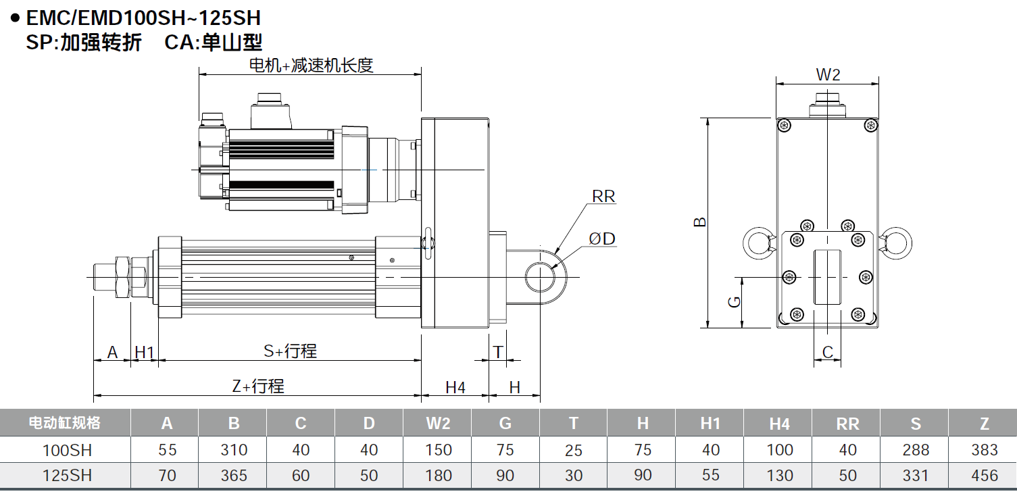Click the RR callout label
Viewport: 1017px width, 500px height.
pyautogui.click(x=603, y=197)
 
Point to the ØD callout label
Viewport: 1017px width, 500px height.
pyautogui.click(x=601, y=239)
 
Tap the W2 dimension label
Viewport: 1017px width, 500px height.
pyautogui.click(x=828, y=75)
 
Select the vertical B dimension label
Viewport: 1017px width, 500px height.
pyautogui.click(x=701, y=222)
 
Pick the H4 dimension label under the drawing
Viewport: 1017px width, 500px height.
pyautogui.click(x=455, y=387)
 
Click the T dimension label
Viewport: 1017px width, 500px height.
pyautogui.click(x=498, y=351)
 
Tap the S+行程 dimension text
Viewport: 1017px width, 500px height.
pyautogui.click(x=290, y=351)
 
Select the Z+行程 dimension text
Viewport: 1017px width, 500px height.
pyautogui.click(x=257, y=386)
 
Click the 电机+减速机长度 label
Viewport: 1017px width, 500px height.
pyautogui.click(x=311, y=66)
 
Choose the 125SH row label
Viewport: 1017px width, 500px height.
pyautogui.click(x=67, y=475)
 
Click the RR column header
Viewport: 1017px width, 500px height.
pyautogui.click(x=847, y=424)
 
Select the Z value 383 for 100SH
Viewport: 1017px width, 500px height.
pyautogui.click(x=984, y=450)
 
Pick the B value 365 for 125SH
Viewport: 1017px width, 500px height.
pyautogui.click(x=234, y=475)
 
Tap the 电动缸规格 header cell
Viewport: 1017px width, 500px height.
pyautogui.click(x=65, y=423)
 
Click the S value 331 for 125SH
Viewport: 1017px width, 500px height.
pyautogui.click(x=916, y=475)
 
